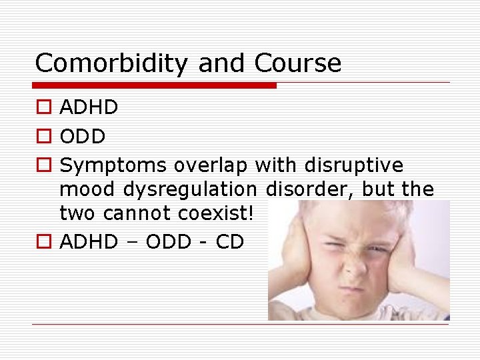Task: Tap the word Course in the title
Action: pos(297,63)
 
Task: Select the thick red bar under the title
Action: pos(155,85)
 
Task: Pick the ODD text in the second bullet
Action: pos(83,137)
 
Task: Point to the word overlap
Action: pos(211,165)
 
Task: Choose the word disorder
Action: pos(309,190)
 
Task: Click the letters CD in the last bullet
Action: pos(230,242)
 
